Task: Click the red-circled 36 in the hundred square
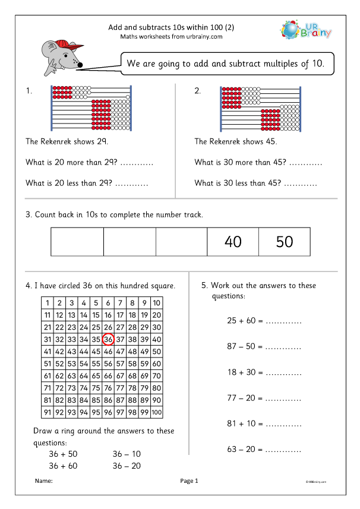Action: [x=108, y=339]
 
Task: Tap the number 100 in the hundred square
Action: [x=156, y=412]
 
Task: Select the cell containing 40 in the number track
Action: [x=233, y=242]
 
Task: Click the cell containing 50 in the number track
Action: [x=285, y=242]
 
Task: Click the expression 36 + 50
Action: [x=63, y=454]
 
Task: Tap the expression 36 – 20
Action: [x=127, y=466]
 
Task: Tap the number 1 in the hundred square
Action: [x=47, y=303]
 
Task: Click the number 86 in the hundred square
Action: [x=108, y=400]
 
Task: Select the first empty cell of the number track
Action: [x=77, y=242]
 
